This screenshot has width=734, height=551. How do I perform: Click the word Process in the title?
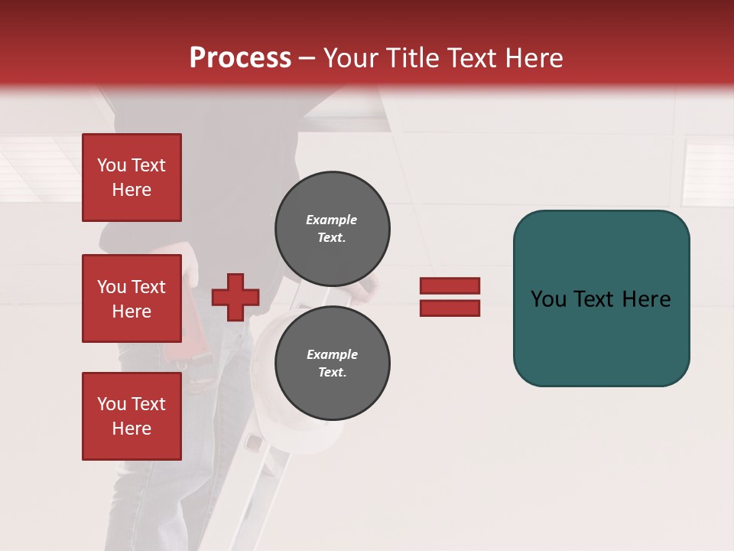point(240,58)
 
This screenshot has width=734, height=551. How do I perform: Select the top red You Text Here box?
point(132,178)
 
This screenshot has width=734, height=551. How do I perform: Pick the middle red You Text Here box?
point(132,298)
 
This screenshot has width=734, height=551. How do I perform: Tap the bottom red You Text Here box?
point(132,416)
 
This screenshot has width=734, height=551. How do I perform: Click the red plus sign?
point(235,297)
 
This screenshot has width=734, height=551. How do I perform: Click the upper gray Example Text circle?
point(333,229)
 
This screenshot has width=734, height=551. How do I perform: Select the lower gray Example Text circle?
point(333,364)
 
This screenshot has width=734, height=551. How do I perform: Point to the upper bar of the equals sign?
point(450,286)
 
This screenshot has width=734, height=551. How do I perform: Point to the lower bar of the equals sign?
point(450,308)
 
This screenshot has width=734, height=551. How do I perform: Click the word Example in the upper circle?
point(332,220)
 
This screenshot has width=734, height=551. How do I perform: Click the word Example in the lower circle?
point(332,354)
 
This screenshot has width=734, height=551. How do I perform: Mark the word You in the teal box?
point(547,299)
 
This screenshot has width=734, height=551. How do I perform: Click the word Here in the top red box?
point(132,190)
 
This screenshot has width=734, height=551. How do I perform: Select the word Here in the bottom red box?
point(132,429)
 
